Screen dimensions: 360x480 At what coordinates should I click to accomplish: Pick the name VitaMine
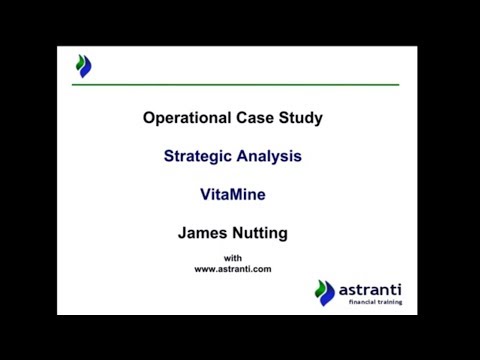tap(233, 195)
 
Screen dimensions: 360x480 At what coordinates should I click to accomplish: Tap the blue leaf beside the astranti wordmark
tap(326, 293)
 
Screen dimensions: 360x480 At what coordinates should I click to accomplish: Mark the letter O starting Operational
tap(150, 118)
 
